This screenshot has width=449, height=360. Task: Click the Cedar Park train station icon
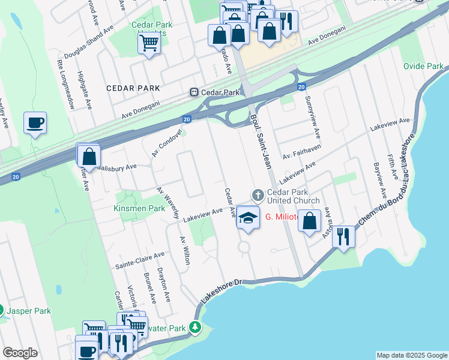tap(194, 92)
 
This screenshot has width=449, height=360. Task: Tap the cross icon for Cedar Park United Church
tap(258, 194)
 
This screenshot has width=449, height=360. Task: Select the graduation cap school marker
tap(247, 217)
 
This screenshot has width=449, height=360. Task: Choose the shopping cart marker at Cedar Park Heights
tap(149, 43)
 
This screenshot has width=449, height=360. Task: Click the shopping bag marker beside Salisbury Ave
tap(89, 157)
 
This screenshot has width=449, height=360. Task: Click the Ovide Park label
tap(423, 66)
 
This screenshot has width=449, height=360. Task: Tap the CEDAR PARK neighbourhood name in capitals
tap(133, 88)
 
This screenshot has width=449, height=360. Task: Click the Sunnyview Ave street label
tap(311, 115)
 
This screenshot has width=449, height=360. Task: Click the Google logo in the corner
tap(20, 353)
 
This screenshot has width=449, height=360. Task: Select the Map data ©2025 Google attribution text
tap(411, 355)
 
